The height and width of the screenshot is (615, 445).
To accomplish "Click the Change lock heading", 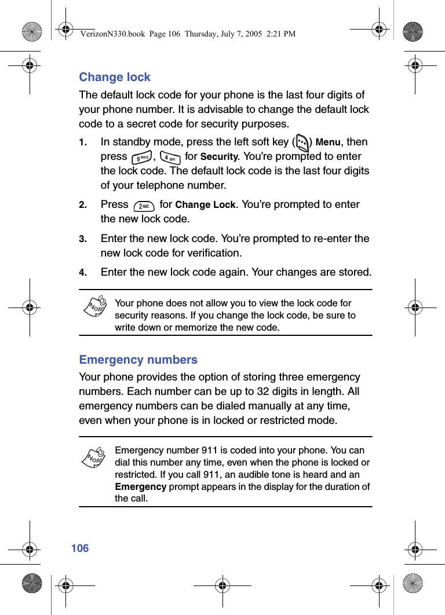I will (115, 77).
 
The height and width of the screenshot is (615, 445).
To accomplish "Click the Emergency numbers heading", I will (138, 360).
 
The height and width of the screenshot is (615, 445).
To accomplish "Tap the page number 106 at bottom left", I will (80, 548).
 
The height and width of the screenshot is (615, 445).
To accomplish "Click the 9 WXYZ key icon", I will (141, 158).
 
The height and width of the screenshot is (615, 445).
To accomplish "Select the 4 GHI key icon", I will (169, 158).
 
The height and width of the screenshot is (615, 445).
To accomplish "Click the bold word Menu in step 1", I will (328, 142).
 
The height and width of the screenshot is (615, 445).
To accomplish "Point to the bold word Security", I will (219, 157).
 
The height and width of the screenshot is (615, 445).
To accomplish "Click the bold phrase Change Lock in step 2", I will (205, 205).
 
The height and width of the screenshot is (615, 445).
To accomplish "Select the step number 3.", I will (83, 239).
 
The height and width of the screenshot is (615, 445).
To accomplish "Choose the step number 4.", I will (83, 273).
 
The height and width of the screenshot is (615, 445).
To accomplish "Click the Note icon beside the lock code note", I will (94, 305).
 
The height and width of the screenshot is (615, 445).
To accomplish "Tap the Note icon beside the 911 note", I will (94, 456).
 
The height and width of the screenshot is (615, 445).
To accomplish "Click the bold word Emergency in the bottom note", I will (141, 486).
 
